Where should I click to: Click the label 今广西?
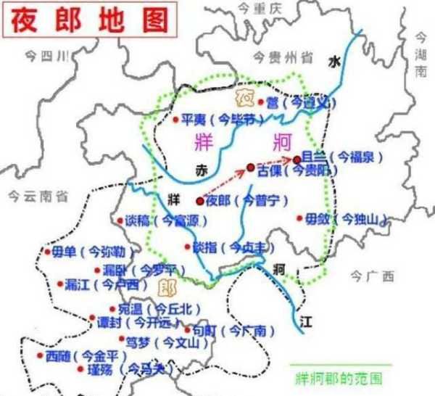(x=372, y=276)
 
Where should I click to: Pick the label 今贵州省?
(x=283, y=56)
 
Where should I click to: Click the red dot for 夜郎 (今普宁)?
(x=200, y=200)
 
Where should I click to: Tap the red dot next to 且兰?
(x=297, y=158)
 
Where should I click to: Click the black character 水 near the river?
(x=333, y=62)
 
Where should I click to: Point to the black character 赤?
(x=201, y=170)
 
